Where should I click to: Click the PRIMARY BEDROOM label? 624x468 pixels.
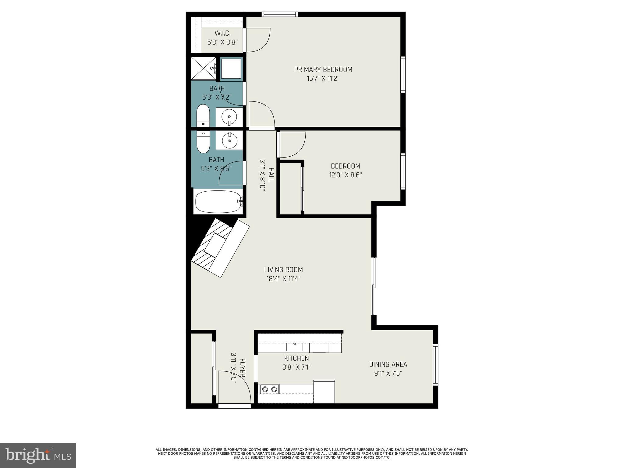coord(323,69)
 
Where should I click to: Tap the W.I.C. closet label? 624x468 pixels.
coord(222,33)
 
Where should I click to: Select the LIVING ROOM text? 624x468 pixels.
coord(283,270)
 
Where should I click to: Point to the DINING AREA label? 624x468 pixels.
coord(388,364)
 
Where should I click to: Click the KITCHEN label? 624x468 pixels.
coord(296,358)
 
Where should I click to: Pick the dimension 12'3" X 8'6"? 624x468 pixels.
coord(346,175)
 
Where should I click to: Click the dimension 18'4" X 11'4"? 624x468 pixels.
coord(283,279)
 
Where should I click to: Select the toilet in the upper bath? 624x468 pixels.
coord(203,116)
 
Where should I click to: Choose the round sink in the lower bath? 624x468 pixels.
coord(229,141)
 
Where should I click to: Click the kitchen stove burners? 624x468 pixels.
coord(270,389)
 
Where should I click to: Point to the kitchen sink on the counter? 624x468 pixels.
coord(295,346)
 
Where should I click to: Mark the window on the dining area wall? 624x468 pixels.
coord(435,364)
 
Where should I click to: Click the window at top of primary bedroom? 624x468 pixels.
coord(279,14)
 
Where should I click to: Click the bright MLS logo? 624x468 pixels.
coord(38,455)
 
